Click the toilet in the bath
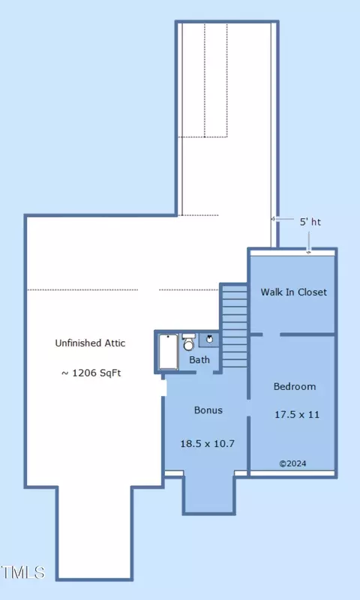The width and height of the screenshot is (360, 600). (x=188, y=342)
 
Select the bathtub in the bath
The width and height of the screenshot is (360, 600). (x=168, y=352)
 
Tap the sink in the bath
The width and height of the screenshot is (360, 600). (x=210, y=339)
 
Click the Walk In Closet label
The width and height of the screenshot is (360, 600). (x=294, y=292)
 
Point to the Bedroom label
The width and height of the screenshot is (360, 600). (x=295, y=386)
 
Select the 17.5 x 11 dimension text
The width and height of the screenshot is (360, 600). (x=297, y=415)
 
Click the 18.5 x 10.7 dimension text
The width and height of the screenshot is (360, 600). (x=207, y=444)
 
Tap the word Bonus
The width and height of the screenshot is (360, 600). (x=208, y=410)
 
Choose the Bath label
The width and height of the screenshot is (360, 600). (x=199, y=360)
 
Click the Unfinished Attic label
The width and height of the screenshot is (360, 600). (x=90, y=343)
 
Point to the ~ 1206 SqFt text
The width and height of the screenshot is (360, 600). (x=91, y=373)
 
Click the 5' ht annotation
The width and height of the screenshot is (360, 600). (x=310, y=222)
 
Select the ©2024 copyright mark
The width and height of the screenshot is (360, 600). (x=292, y=463)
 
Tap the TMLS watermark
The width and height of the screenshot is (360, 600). (x=23, y=572)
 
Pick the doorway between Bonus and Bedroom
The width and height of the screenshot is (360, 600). (x=249, y=408)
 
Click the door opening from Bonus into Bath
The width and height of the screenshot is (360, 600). (x=204, y=372)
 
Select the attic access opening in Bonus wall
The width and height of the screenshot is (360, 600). (x=163, y=388)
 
